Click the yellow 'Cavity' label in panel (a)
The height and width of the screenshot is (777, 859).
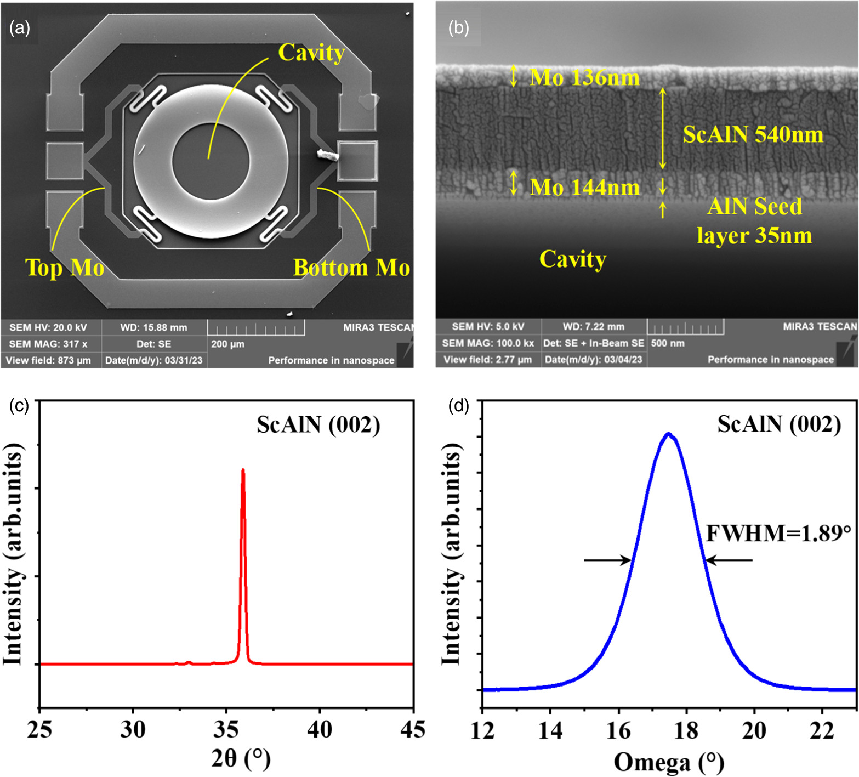311,53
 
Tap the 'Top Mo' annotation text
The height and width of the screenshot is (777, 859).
65,268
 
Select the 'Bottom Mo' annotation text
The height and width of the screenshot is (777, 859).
351,268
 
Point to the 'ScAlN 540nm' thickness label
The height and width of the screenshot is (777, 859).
753,134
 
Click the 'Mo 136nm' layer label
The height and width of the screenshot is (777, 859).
584,78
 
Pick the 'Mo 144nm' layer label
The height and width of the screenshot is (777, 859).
584,188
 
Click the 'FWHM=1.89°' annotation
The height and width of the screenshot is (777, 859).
778,533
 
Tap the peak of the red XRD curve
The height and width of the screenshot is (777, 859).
243,470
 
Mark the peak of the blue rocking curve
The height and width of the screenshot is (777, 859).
668,434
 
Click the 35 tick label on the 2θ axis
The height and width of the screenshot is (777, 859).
226,730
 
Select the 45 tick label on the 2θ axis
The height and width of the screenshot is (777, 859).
412,730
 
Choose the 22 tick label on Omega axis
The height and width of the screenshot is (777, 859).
822,731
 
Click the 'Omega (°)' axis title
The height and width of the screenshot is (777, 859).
668,762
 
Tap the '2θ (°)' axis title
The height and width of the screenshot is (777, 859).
241,759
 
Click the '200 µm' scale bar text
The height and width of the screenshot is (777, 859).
227,344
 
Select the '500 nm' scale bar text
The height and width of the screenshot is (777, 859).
668,343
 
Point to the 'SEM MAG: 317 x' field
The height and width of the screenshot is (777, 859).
48,344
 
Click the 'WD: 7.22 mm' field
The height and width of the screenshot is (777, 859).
594,327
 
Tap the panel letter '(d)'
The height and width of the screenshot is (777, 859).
458,406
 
